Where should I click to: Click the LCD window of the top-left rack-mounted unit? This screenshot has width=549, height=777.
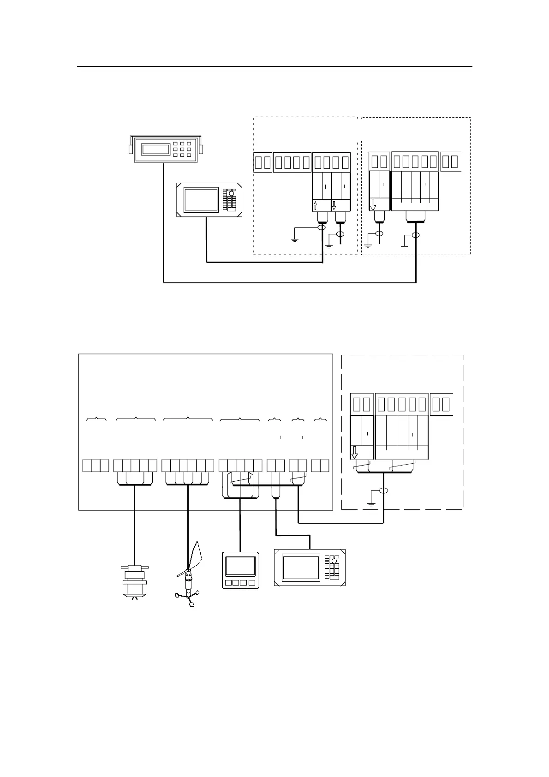click(x=156, y=149)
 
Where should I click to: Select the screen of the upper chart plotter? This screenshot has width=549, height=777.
click(x=201, y=200)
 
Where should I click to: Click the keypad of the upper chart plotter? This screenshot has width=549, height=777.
click(x=229, y=200)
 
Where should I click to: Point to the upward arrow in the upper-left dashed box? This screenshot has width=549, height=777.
click(x=316, y=206)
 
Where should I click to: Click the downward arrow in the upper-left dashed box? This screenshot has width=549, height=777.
click(x=334, y=206)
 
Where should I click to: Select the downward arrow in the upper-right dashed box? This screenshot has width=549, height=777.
click(x=373, y=205)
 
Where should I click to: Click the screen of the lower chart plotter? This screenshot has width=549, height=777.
click(x=301, y=568)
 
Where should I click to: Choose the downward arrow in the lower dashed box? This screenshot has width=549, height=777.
click(x=355, y=452)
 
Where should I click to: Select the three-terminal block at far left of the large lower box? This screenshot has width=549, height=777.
click(x=96, y=466)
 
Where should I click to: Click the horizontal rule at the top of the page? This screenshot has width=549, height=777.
click(x=274, y=66)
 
